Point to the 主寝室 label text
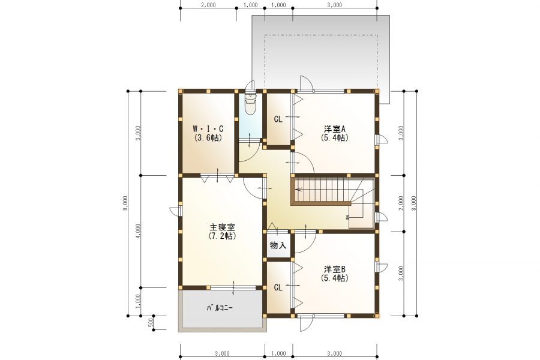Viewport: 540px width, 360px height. point(222,227)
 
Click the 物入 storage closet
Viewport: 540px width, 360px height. point(278,245)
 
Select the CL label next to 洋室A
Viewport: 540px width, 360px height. point(278,119)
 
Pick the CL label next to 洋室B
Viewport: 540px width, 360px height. point(278,287)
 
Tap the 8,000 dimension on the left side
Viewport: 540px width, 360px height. point(124,202)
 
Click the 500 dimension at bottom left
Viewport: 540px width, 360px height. point(151,322)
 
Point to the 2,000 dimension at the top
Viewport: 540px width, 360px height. point(208,5)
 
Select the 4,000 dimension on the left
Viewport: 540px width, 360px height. point(138,231)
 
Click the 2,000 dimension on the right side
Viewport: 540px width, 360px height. point(401,203)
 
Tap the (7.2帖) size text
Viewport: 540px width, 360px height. point(222,236)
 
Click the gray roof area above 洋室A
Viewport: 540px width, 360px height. point(320,54)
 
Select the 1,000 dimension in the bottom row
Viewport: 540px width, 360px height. point(278,353)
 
